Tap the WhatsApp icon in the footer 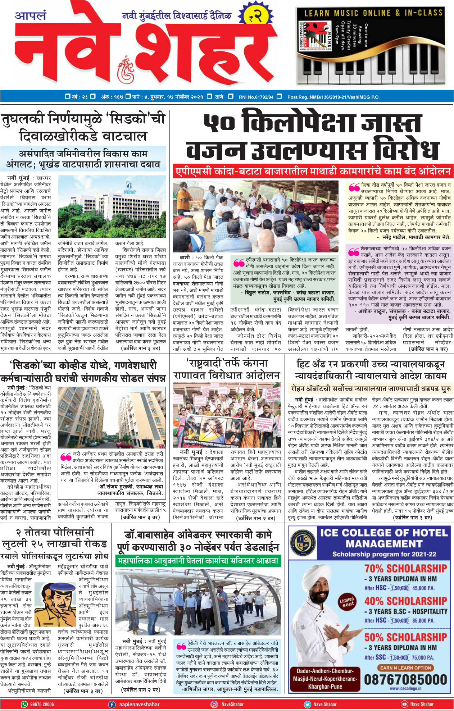tap(24, 704)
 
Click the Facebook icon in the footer tap(112, 704)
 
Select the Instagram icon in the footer tap(214, 704)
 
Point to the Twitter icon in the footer tap(307, 704)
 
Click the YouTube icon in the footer tap(404, 704)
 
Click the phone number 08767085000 tap(405, 679)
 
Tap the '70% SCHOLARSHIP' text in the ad tap(405, 569)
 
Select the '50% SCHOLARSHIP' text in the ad tap(405, 637)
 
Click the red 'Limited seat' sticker tap(347, 602)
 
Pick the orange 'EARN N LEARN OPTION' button tap(405, 668)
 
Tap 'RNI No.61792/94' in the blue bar tap(256, 97)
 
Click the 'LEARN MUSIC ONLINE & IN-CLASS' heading tap(373, 13)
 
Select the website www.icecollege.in tap(405, 689)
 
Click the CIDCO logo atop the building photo tap(130, 187)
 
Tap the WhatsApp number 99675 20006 tap(42, 704)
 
